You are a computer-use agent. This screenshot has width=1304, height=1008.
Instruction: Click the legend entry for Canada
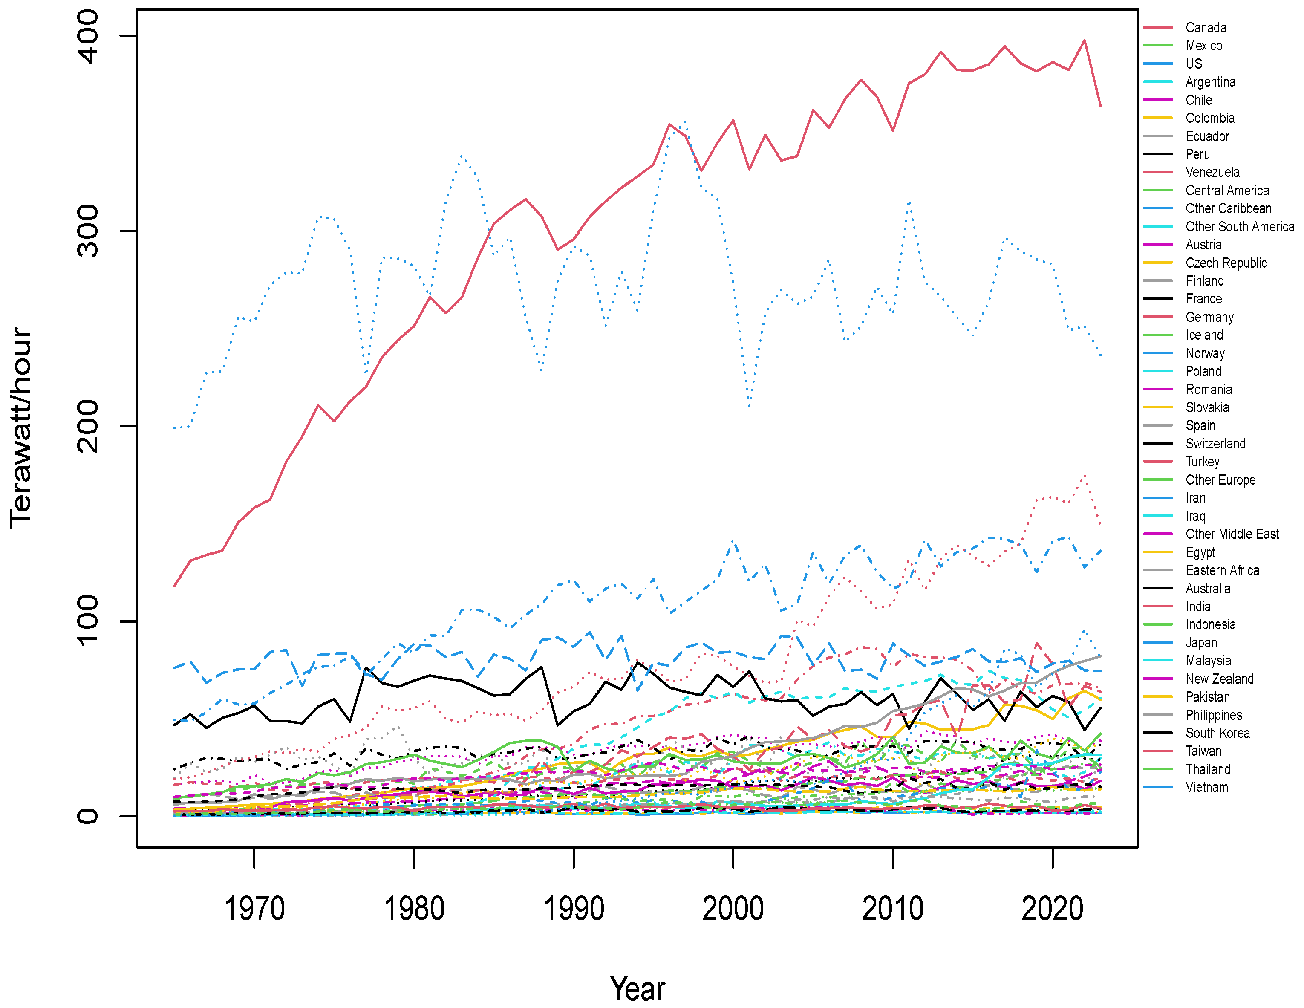(x=1206, y=27)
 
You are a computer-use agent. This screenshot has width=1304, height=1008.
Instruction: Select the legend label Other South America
(x=1240, y=227)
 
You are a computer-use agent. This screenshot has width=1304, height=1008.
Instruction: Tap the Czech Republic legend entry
(x=1226, y=263)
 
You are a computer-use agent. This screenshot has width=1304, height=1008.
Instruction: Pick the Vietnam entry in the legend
(x=1207, y=788)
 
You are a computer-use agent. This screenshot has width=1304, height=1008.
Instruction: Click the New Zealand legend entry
(x=1219, y=679)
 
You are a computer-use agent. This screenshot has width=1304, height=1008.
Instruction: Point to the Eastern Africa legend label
(x=1222, y=570)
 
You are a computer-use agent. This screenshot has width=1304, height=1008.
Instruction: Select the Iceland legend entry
(x=1204, y=335)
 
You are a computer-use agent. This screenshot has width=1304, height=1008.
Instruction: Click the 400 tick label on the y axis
(x=88, y=36)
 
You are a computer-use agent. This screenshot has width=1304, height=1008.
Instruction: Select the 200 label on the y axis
(x=88, y=426)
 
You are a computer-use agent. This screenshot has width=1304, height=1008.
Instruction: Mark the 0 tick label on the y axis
(x=88, y=816)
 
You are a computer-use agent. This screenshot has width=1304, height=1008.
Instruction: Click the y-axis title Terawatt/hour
(x=21, y=427)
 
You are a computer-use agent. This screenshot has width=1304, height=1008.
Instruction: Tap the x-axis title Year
(x=637, y=988)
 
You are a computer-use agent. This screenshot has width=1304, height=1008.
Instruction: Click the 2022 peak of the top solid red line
(x=1084, y=40)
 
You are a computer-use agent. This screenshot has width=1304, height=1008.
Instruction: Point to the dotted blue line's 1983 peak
(x=462, y=156)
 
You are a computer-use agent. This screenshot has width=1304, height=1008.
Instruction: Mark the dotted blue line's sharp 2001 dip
(x=749, y=406)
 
